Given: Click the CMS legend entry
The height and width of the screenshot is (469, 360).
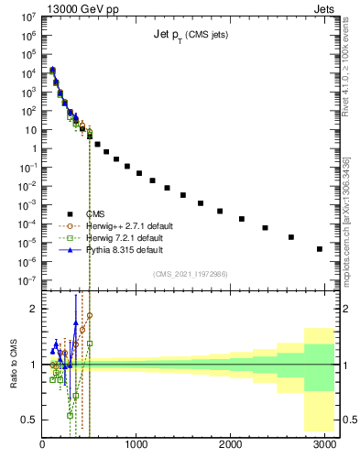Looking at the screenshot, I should click(x=109, y=213).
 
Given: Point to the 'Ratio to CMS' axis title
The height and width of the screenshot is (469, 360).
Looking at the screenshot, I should click(x=14, y=364).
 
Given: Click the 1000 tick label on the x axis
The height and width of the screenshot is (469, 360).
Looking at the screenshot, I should click(x=136, y=444).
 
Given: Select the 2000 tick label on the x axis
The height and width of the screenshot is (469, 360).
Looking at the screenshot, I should click(x=231, y=444).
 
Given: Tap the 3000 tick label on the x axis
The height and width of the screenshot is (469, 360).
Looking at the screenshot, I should click(x=324, y=444).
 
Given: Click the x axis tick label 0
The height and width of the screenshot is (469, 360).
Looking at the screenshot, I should click(x=43, y=444).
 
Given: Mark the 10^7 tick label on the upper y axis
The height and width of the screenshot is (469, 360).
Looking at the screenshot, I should click(x=27, y=16).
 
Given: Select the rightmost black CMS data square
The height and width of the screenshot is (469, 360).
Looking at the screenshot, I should click(x=319, y=248).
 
